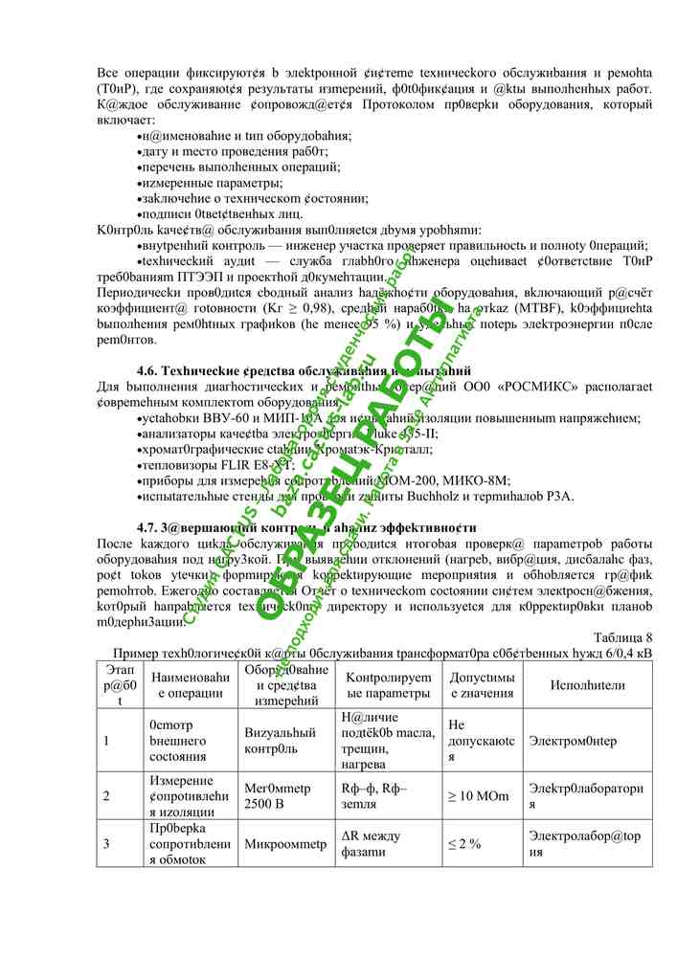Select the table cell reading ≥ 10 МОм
click(x=479, y=796)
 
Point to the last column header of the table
click(x=588, y=685)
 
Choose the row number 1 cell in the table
click(x=106, y=740)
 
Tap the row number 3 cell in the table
click(x=106, y=844)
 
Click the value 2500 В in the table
click(x=264, y=804)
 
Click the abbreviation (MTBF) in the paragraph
click(x=518, y=308)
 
